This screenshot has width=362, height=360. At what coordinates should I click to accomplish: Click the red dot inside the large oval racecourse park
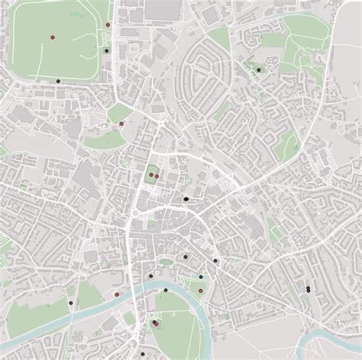pyautogui.click(x=52, y=37)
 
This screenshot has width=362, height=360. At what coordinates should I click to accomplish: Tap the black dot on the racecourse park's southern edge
pyautogui.click(x=58, y=81)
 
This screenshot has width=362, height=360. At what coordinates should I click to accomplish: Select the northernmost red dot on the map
pyautogui.click(x=108, y=25)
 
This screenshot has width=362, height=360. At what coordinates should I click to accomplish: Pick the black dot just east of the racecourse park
pyautogui.click(x=105, y=50)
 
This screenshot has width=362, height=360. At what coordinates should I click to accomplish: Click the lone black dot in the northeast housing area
pyautogui.click(x=259, y=70)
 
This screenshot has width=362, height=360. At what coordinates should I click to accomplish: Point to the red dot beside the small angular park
pyautogui.click(x=121, y=123)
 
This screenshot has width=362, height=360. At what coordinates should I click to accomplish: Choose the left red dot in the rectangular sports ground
pyautogui.click(x=150, y=175)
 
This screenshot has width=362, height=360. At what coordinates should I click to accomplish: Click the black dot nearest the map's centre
pyautogui.click(x=186, y=198)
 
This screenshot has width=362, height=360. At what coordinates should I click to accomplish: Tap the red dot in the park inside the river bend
pyautogui.click(x=200, y=291)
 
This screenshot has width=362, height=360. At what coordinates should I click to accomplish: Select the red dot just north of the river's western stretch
pyautogui.click(x=117, y=293)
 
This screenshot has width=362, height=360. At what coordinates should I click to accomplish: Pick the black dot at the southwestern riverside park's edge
pyautogui.click(x=70, y=303)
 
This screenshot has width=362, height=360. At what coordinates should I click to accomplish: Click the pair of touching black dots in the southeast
pyautogui.click(x=307, y=289)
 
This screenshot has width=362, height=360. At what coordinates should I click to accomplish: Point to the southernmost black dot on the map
pyautogui.click(x=156, y=324)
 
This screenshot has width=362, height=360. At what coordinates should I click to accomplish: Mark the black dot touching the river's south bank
pyautogui.click(x=166, y=291)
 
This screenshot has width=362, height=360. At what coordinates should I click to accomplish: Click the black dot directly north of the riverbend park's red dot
pyautogui.click(x=201, y=277)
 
